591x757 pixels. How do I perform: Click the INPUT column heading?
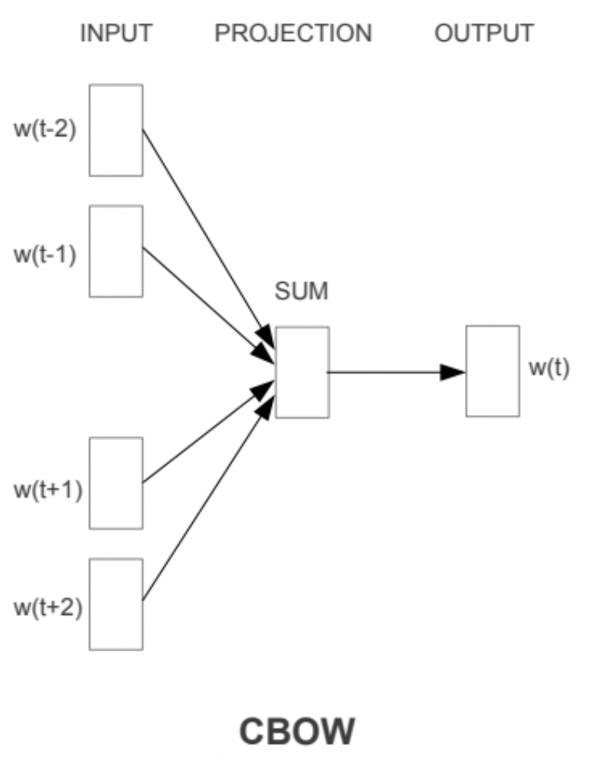coord(115,33)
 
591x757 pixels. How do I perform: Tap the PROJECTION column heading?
coord(293,33)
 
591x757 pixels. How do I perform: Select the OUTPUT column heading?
coord(484,33)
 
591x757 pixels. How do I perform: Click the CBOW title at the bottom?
coord(297,732)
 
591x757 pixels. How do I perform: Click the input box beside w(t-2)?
coord(115,130)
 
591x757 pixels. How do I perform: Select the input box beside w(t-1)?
coord(115,251)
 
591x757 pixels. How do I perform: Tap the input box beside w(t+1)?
coord(115,483)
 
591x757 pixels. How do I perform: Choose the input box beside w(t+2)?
coord(115,604)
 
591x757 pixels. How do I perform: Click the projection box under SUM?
coord(302,372)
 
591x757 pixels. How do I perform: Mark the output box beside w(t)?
coord(493,371)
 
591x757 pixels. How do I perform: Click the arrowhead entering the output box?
coord(454,372)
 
